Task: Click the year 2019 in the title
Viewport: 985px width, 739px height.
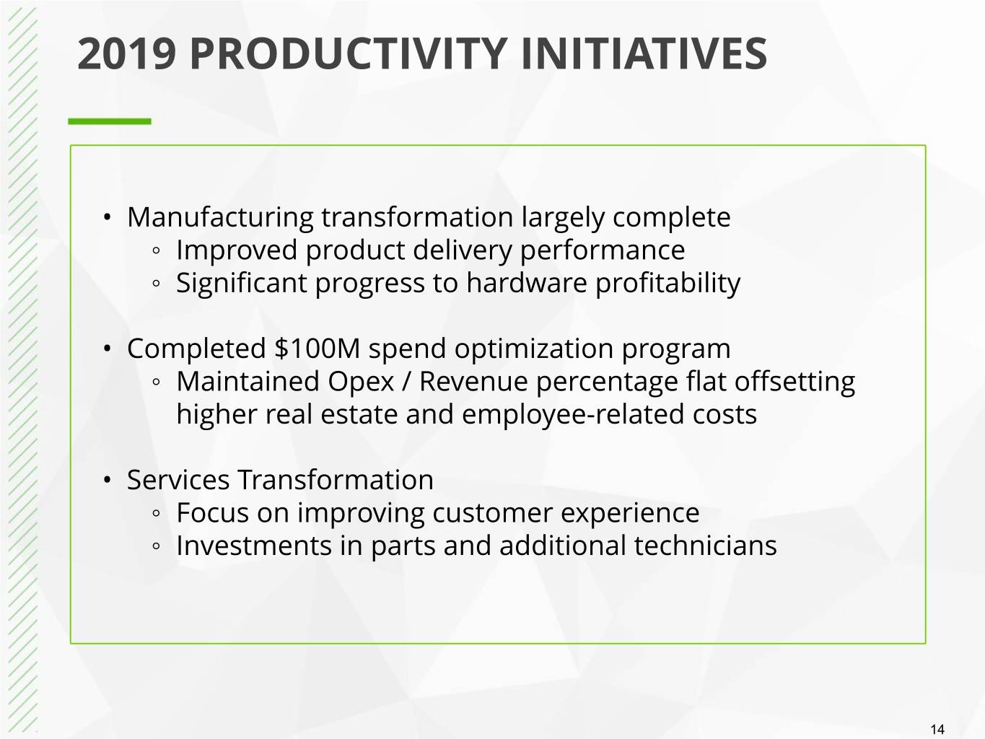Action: click(126, 54)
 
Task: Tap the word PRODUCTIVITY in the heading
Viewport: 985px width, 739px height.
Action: click(349, 54)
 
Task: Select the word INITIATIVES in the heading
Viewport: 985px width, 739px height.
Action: click(644, 54)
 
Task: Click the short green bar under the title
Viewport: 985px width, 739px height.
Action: click(110, 121)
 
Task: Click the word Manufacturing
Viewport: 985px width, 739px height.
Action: click(220, 218)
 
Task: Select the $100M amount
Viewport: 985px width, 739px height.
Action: click(318, 349)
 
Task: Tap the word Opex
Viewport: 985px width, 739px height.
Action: click(361, 382)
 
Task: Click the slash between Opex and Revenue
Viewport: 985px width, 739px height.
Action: click(406, 382)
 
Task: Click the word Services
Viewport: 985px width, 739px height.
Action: click(178, 480)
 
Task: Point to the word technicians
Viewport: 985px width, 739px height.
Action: click(705, 546)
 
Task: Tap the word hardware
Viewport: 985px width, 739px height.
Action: click(526, 283)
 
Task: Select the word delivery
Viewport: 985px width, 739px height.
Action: click(463, 251)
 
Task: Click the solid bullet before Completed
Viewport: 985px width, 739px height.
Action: click(107, 349)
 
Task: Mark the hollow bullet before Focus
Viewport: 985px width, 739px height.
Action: click(156, 513)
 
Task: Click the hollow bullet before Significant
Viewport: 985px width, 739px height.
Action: click(156, 284)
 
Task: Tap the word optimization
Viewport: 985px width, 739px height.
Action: click(533, 349)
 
